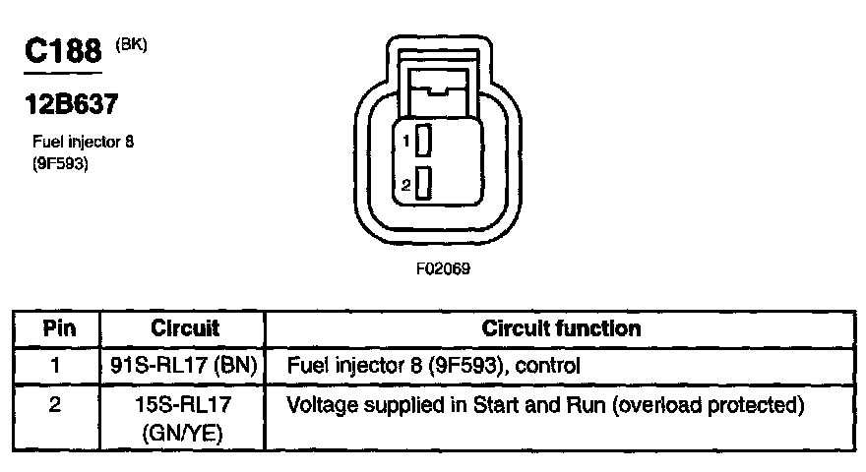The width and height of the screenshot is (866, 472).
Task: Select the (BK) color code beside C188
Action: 131,44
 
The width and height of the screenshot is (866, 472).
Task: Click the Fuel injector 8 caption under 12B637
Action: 84,143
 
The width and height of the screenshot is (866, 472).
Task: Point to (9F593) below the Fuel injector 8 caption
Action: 61,163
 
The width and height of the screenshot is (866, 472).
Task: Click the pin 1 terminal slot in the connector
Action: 424,141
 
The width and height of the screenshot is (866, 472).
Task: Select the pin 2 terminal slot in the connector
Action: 424,183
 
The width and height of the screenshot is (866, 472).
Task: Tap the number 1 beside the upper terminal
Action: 406,142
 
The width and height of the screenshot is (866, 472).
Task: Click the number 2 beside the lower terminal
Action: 406,184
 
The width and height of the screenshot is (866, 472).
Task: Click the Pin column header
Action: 57,328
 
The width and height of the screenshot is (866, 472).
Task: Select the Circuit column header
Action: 185,328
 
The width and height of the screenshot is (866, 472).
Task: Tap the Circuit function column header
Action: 561,328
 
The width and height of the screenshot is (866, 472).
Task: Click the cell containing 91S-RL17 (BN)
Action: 185,366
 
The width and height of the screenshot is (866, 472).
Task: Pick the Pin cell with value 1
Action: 57,366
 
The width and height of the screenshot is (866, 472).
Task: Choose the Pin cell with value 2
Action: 57,403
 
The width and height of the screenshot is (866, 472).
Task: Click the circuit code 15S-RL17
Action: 185,404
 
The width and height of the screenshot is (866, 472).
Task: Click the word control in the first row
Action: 551,366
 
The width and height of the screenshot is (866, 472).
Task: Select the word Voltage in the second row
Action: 317,404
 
